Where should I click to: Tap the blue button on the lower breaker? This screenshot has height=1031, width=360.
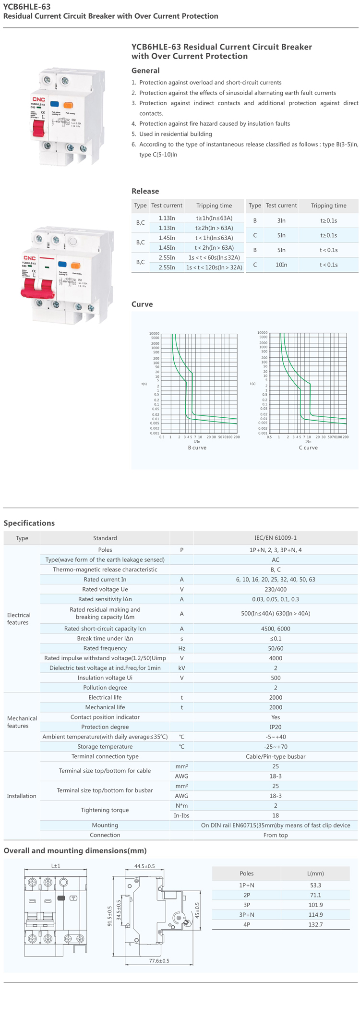pos(62,264)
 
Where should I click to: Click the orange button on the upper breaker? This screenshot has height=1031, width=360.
pos(68,104)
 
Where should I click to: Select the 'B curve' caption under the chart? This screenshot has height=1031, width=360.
pos(197,448)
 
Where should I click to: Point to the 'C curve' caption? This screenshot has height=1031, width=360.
pos(308,448)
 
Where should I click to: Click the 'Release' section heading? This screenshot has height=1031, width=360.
pos(145,191)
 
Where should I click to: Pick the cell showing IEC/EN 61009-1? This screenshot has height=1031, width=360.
pos(276,538)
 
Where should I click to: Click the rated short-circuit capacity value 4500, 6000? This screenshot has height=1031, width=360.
pos(276,629)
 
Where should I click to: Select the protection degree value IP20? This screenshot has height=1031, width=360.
pos(276,727)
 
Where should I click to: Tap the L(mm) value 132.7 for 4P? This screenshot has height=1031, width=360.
pos(315,924)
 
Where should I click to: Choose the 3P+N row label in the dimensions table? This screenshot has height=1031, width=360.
pos(247,915)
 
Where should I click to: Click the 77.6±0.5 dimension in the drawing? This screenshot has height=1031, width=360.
pos(159,961)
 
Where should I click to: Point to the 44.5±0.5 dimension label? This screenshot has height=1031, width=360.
pos(144,866)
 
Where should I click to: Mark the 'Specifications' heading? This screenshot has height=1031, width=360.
pos(29,523)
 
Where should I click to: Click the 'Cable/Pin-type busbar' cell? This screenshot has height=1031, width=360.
pos(276,756)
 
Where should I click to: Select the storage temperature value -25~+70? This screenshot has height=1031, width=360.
pos(276,747)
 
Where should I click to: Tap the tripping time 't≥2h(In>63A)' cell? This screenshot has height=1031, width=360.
pos(214,228)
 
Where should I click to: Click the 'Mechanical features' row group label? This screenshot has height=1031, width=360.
pos(22,722)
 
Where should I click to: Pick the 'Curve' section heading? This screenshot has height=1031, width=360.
pos(142,304)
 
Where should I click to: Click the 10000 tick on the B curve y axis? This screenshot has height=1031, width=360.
pos(154,333)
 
